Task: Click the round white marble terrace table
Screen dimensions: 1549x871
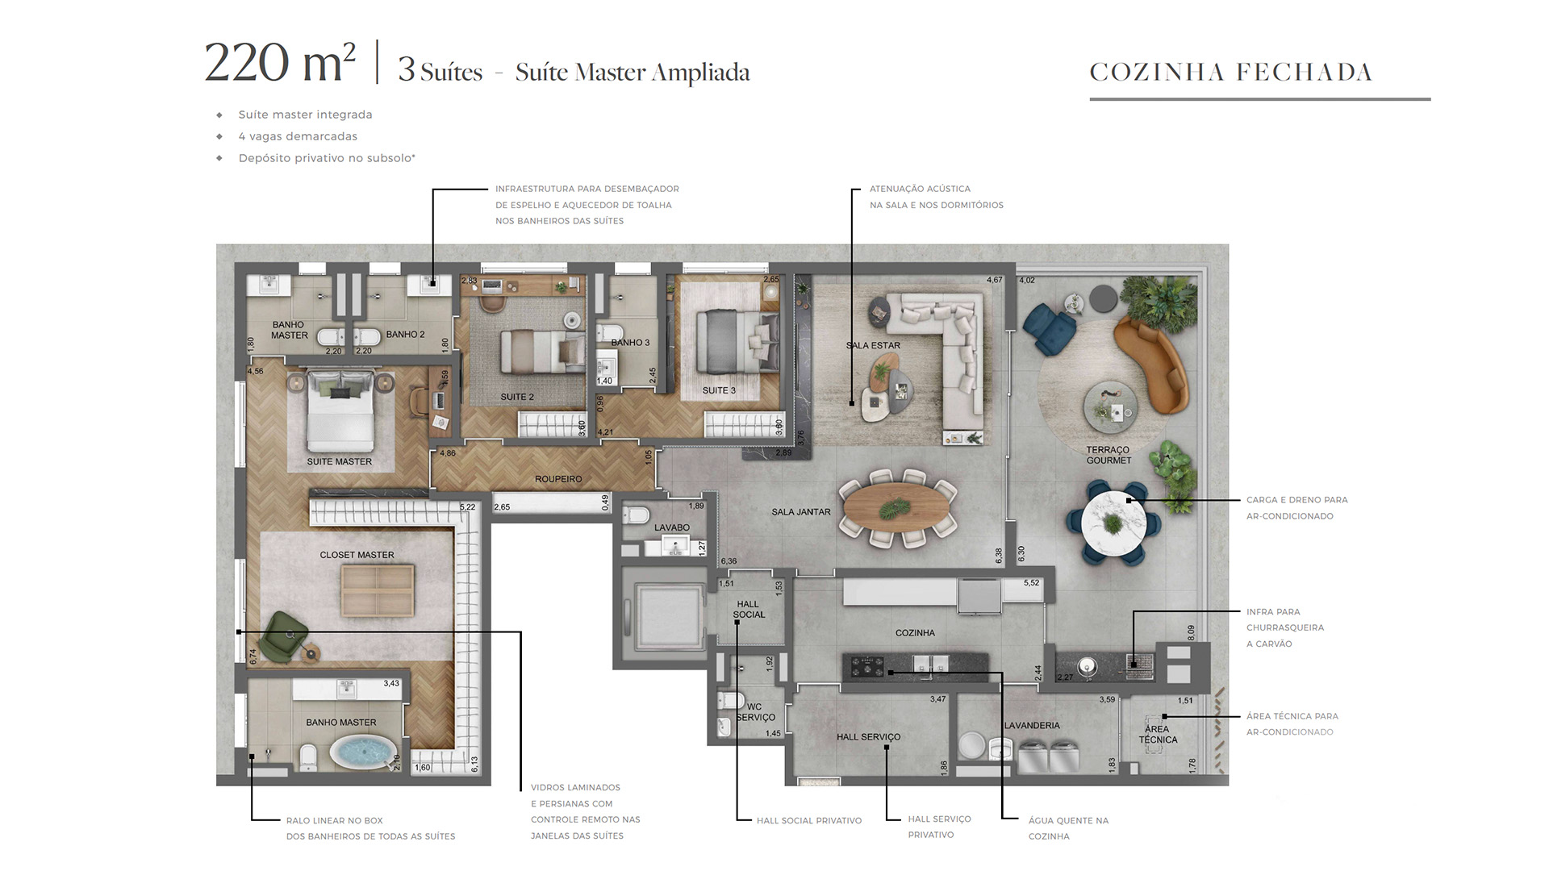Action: coord(1113,522)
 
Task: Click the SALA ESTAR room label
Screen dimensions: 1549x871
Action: coord(873,345)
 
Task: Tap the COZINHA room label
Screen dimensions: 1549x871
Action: coord(915,633)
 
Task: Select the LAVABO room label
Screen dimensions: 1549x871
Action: coord(672,527)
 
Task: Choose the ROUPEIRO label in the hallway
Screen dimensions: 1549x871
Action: coord(558,479)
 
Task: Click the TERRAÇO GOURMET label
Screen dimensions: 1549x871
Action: coord(1109,455)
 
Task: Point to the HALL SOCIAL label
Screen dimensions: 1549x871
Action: coord(749,609)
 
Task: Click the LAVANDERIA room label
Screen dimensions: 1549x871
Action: coord(1032,725)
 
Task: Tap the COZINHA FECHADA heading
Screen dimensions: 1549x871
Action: coord(1231,73)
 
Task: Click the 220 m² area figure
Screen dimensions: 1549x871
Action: coord(280,62)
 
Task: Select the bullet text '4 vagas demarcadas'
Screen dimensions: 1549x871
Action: coord(298,136)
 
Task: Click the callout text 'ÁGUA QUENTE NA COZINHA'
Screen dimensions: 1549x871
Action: coord(1069,828)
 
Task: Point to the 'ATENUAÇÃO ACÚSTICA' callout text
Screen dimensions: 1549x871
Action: coord(920,189)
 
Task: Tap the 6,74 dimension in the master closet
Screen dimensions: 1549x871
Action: coord(253,656)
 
